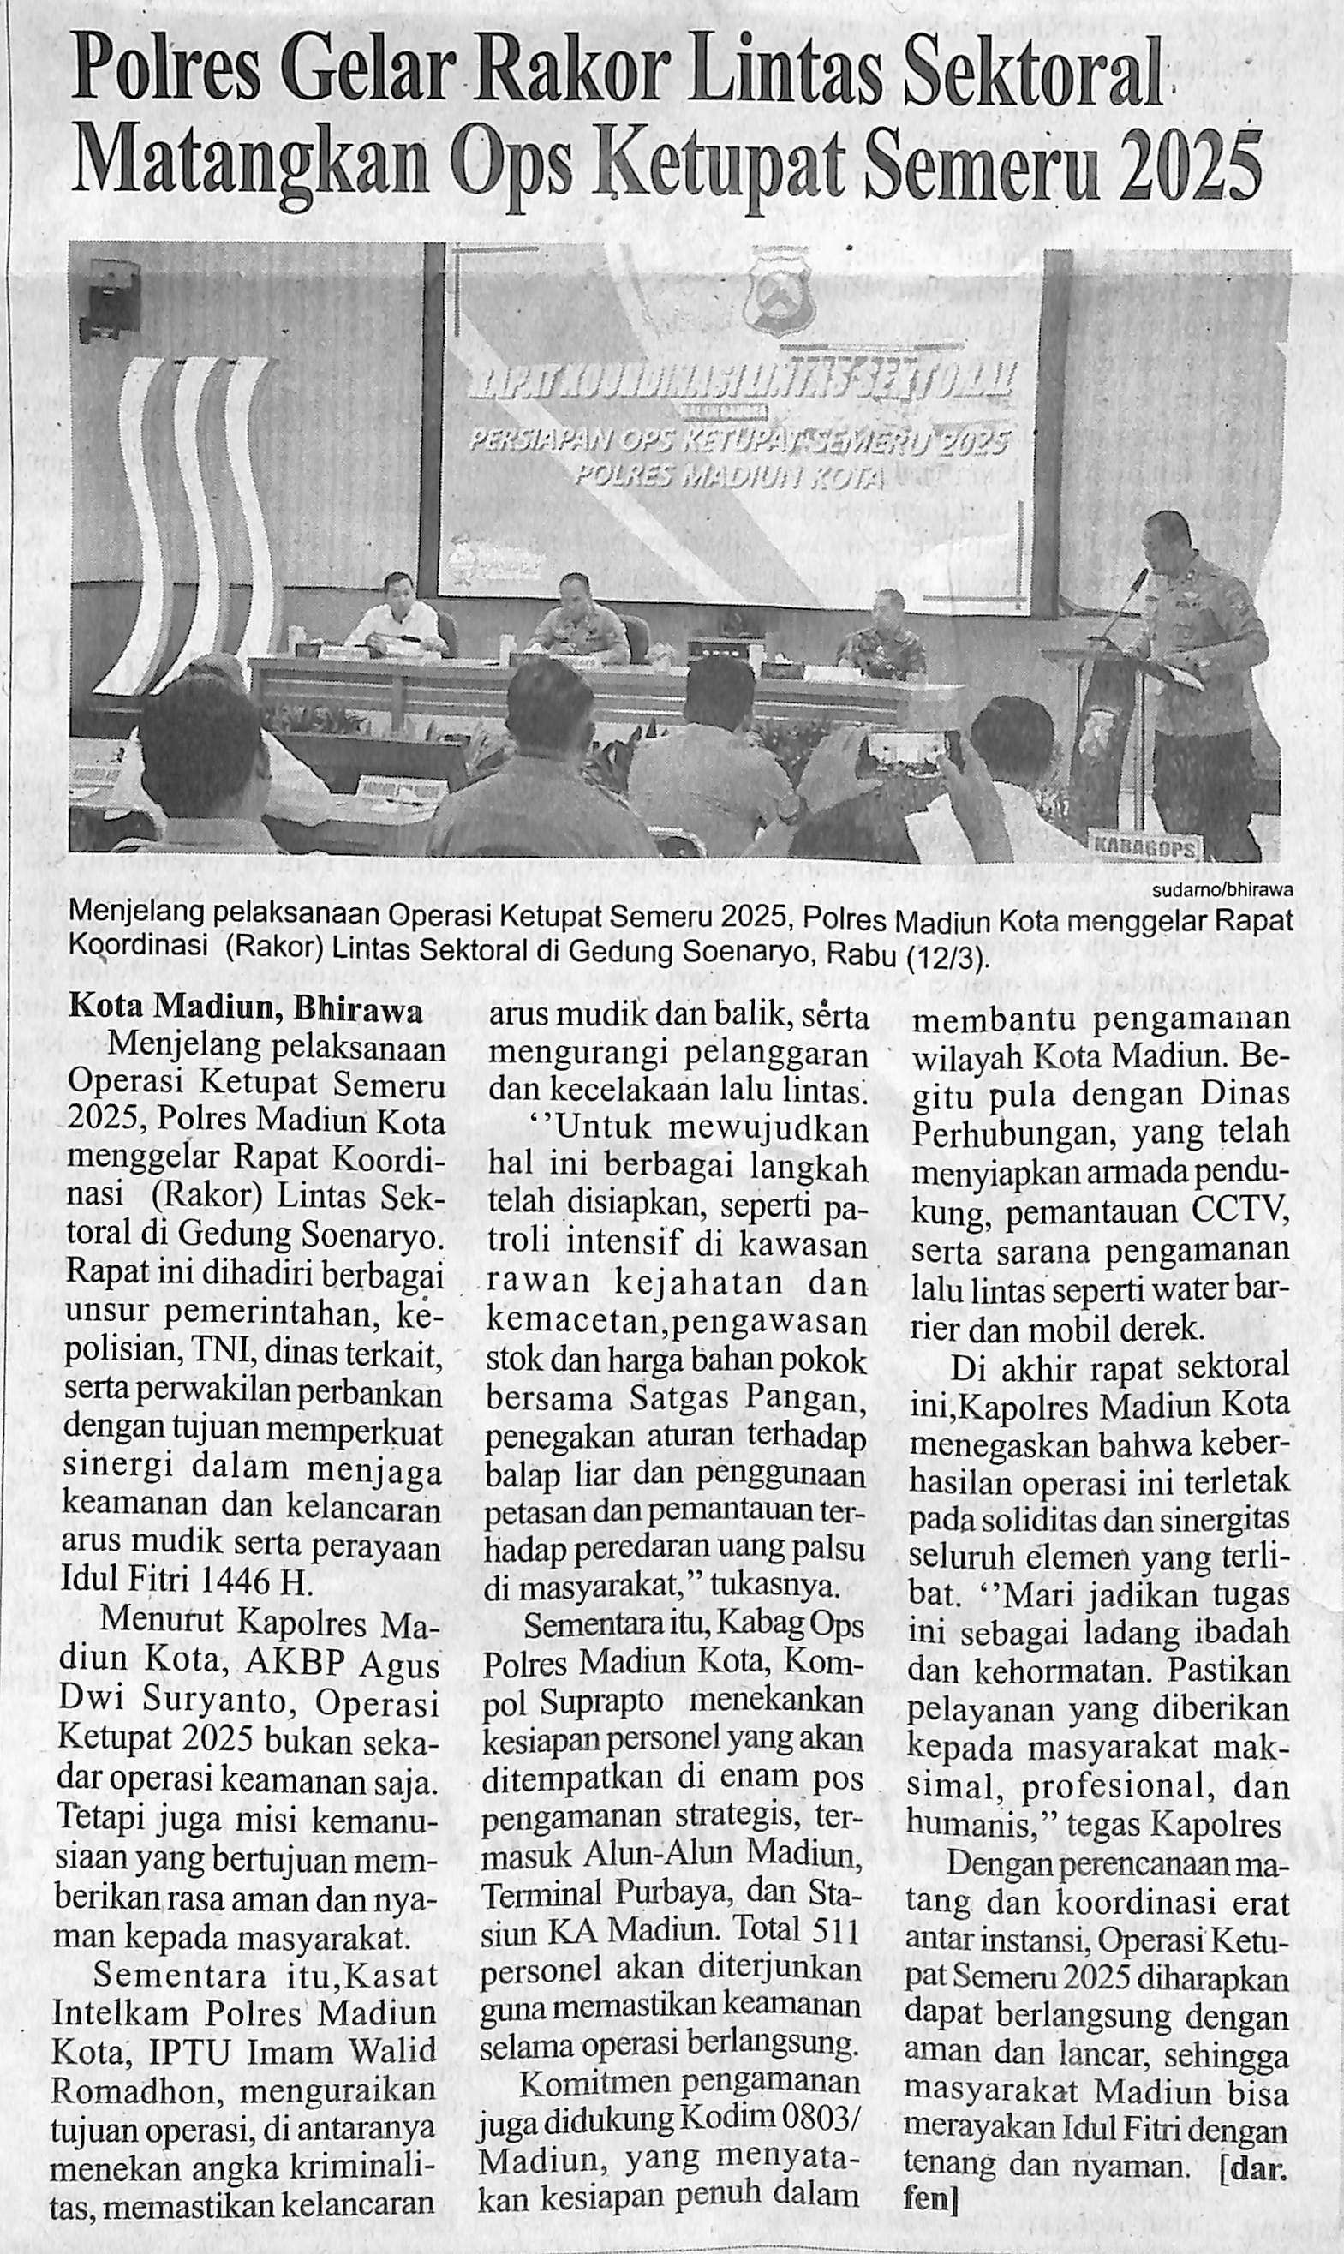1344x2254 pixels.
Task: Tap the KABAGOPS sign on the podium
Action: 1145,847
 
